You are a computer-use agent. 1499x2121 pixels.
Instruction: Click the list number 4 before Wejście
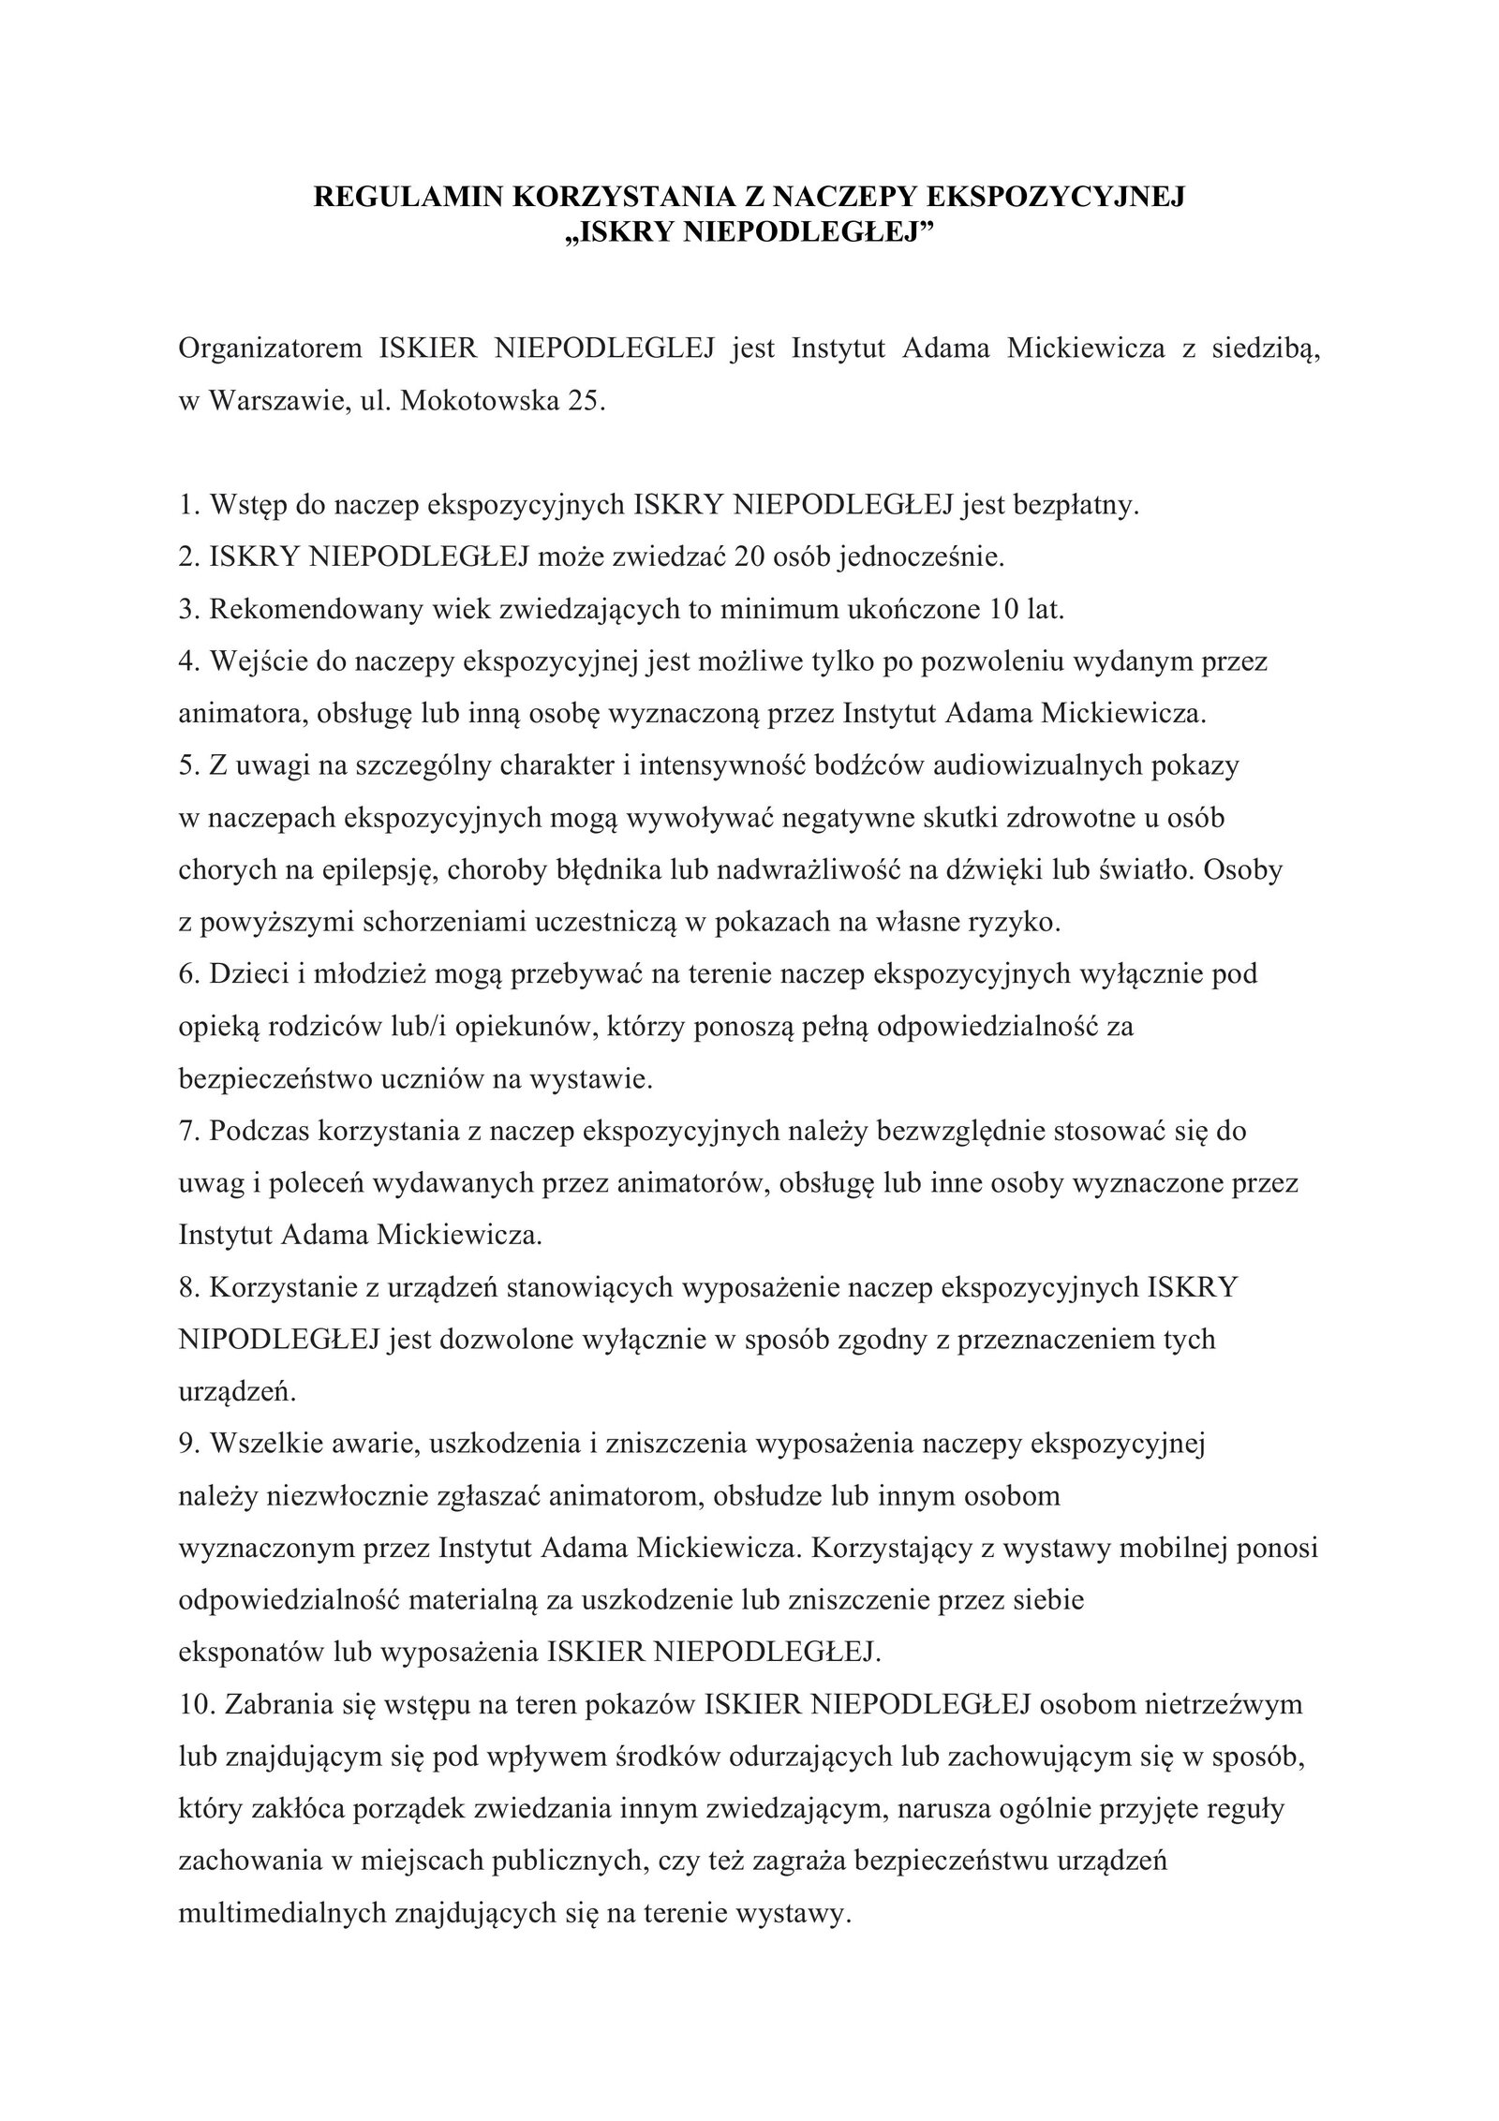click(x=186, y=661)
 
